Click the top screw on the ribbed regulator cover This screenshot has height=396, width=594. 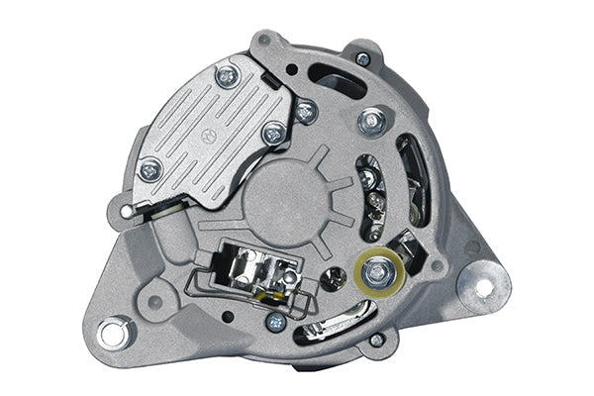[227, 75]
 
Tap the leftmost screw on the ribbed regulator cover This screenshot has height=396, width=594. [150, 170]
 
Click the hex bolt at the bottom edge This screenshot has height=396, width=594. [376, 341]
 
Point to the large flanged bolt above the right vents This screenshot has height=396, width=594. [373, 122]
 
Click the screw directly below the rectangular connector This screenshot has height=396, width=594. [275, 322]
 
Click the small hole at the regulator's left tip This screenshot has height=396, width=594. [127, 211]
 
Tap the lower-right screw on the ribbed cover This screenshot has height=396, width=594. [274, 134]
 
